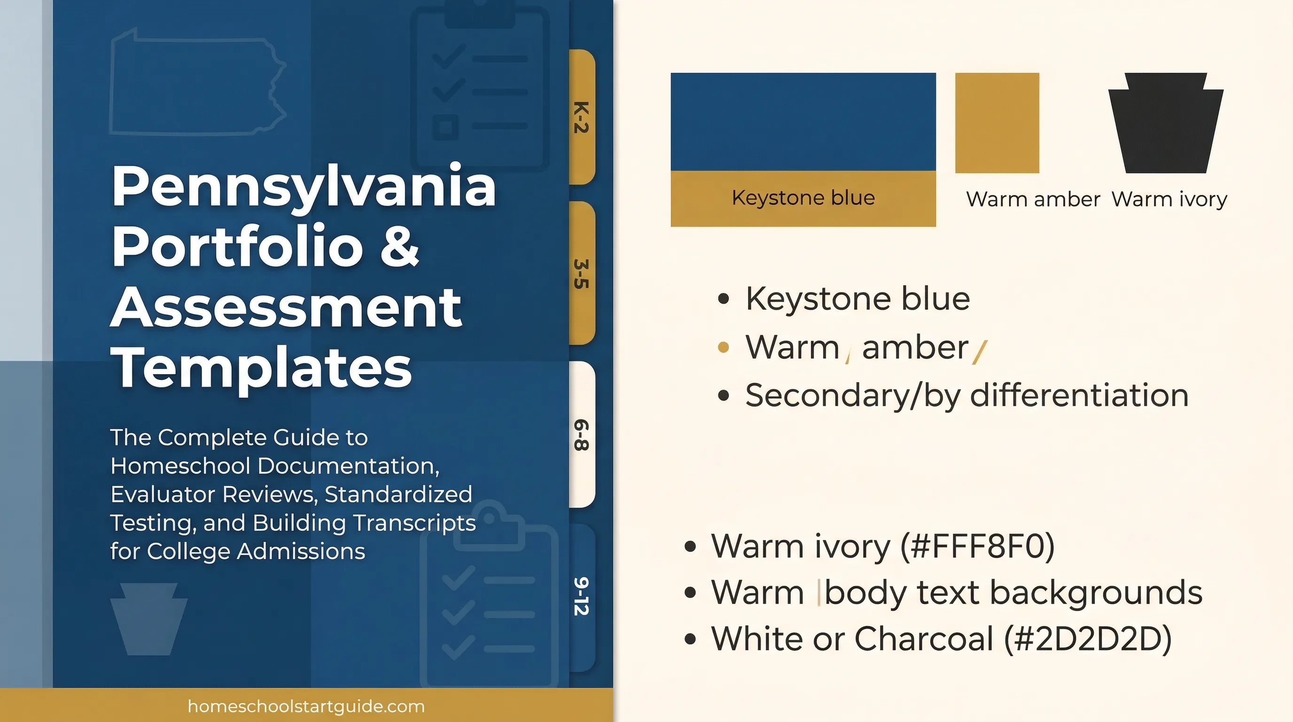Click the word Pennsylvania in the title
304,187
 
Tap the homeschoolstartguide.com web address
306,706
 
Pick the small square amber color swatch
997,123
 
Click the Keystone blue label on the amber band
803,198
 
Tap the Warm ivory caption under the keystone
1169,199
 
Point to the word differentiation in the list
1079,395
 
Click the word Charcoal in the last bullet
924,639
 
